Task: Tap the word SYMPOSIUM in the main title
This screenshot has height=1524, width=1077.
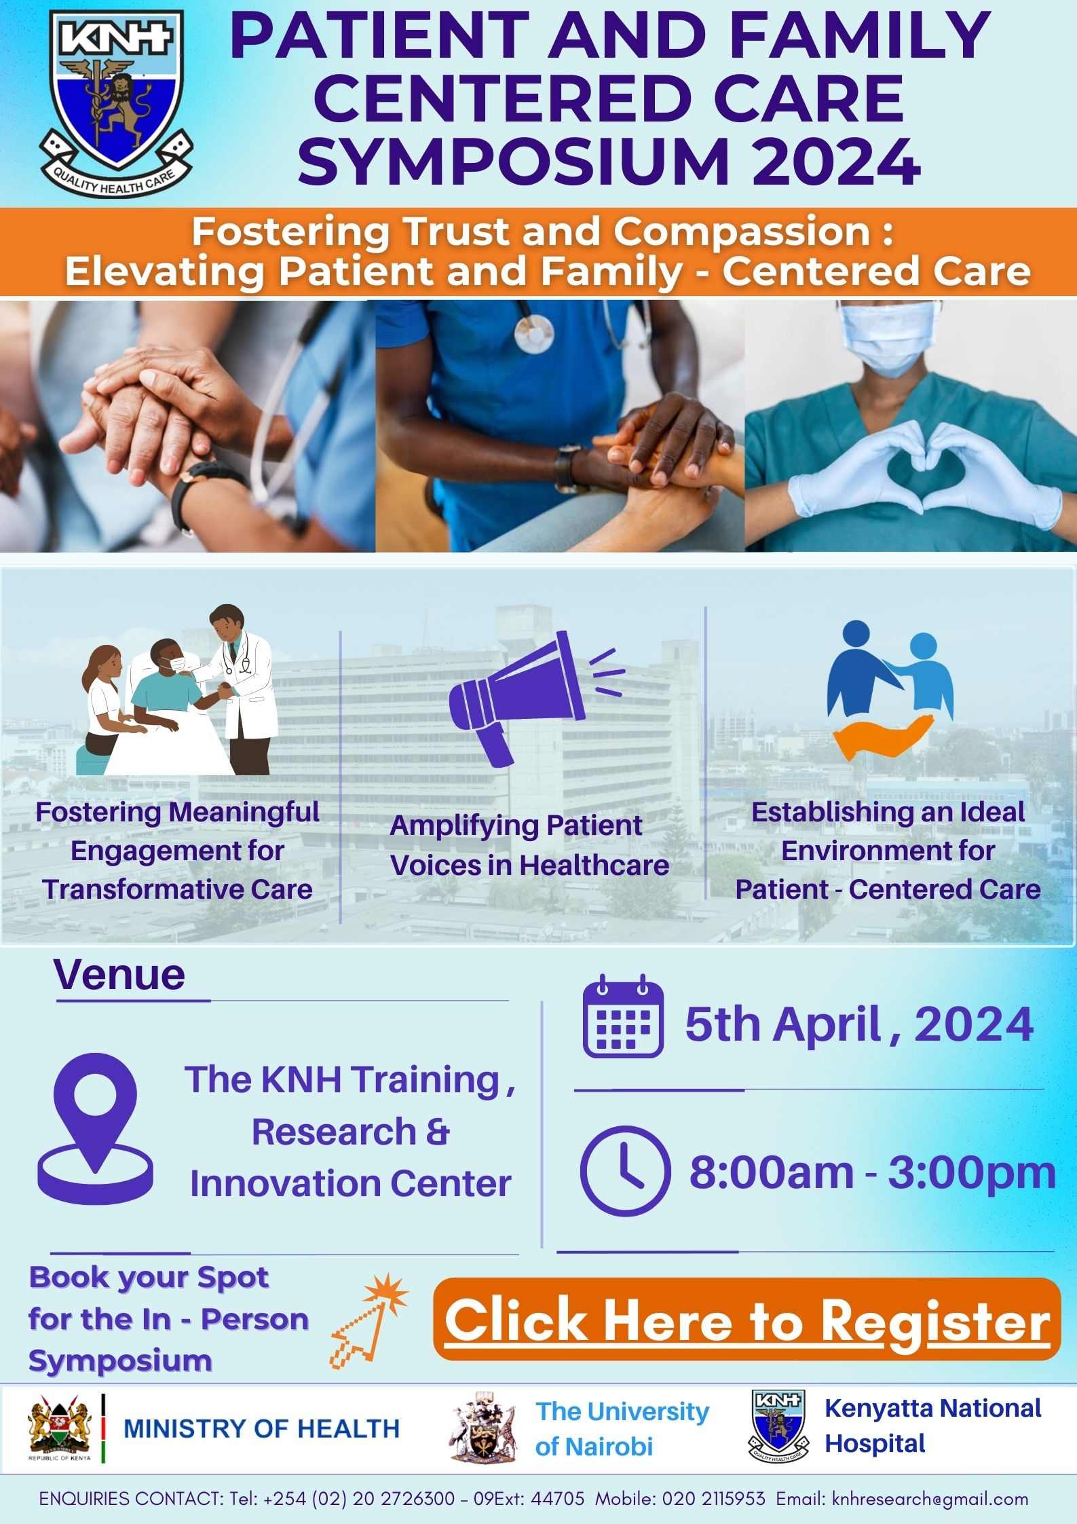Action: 512,163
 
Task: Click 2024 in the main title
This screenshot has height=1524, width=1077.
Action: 835,163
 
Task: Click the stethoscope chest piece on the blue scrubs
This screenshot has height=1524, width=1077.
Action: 533,333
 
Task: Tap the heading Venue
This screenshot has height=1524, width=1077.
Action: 119,975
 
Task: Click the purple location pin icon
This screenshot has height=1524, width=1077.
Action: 95,1130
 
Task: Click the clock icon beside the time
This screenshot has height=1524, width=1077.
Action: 625,1170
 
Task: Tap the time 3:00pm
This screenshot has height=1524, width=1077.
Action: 972,1172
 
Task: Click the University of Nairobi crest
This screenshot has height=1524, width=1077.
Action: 483,1426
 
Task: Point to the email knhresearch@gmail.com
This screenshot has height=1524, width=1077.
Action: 930,1498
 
